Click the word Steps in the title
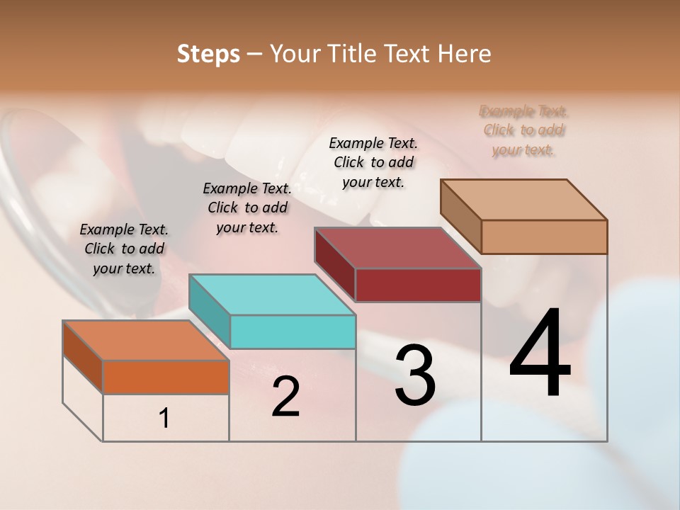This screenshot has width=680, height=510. tap(208, 54)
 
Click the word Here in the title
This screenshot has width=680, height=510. tap(463, 54)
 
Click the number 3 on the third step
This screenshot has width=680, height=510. tap(415, 375)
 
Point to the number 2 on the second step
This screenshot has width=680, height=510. tap(285, 397)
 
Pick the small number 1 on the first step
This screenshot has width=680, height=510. tap(164, 419)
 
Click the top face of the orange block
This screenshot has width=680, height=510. tap(146, 341)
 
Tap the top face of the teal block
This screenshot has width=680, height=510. tap(272, 295)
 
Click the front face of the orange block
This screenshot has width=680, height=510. tap(166, 377)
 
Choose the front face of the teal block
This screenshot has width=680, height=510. tap(293, 331)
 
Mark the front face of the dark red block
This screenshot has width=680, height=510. tap(418, 285)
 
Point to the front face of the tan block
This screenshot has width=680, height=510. tap(544, 237)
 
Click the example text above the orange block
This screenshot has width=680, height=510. tap(124, 249)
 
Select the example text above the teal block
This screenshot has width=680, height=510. tap(247, 208)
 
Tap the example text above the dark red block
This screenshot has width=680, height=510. tap(373, 162)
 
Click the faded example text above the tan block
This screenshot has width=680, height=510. tap(523, 130)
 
